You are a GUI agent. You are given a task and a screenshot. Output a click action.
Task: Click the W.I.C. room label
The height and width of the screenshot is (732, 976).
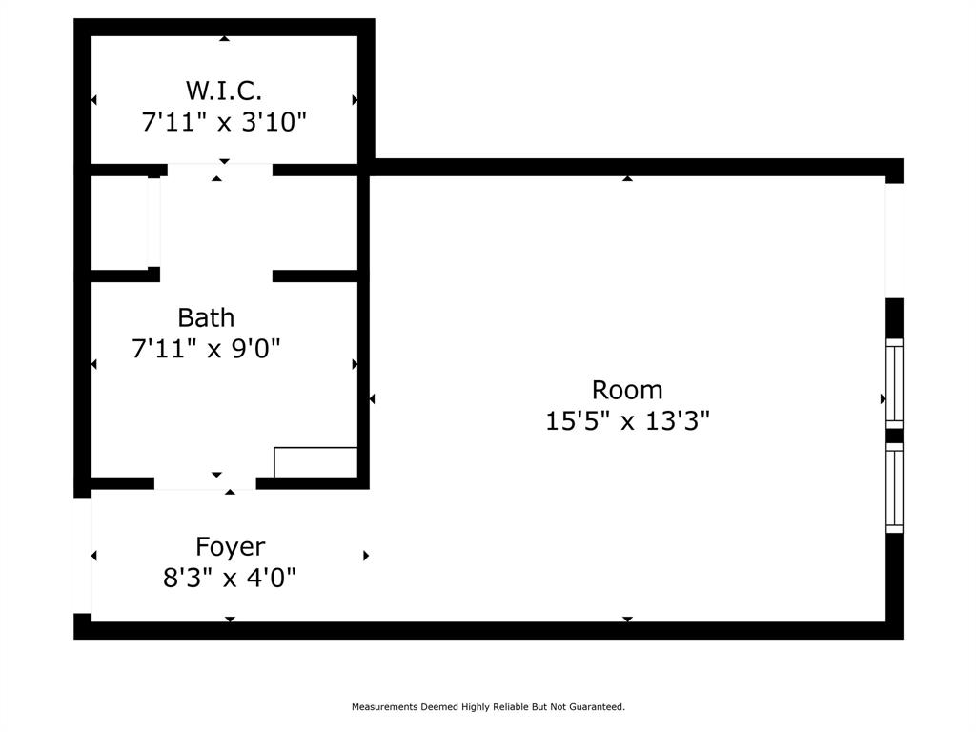tap(224, 91)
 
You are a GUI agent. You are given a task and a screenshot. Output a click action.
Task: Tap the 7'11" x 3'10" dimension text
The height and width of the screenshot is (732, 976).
tap(224, 122)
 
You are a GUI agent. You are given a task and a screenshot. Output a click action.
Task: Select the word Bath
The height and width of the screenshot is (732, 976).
tap(206, 317)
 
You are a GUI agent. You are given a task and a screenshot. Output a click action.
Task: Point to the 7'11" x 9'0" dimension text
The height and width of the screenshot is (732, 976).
tap(206, 349)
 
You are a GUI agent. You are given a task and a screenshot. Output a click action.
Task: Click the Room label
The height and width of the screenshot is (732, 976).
tap(627, 390)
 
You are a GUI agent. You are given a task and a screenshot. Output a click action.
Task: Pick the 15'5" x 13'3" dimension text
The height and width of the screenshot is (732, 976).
tap(627, 420)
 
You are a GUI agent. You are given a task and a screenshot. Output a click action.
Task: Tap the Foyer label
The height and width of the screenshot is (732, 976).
tap(230, 547)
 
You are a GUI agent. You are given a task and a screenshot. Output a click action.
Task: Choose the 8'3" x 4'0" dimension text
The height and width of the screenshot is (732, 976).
tap(230, 578)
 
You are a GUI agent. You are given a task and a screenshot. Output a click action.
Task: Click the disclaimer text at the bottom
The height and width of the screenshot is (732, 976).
tap(488, 707)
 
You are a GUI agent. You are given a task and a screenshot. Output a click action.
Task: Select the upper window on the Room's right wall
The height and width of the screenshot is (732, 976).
tap(894, 382)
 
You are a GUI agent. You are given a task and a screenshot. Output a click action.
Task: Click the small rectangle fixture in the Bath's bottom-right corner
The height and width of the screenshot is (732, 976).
tap(315, 462)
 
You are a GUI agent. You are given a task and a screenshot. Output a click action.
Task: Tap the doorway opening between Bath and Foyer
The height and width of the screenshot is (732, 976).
tap(205, 483)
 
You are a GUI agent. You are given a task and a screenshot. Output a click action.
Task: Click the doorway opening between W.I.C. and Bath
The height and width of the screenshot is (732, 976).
tap(219, 170)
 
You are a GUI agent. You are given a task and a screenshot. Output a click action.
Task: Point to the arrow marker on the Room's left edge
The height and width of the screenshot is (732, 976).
tap(373, 398)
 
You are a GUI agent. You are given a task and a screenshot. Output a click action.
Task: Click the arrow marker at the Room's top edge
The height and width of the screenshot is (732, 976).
tap(627, 178)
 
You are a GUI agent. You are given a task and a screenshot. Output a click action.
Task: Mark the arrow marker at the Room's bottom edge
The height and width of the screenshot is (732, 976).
tap(627, 619)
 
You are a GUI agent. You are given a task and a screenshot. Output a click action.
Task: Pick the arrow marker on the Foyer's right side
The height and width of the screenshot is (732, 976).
tap(366, 556)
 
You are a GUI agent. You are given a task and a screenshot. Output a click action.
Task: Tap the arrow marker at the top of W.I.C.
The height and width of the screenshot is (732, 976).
tap(224, 39)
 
